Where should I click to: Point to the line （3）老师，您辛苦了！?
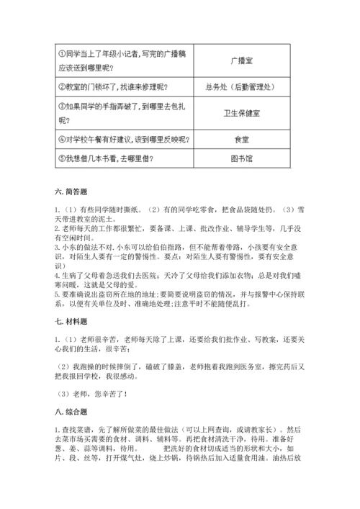tap(94, 393)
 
